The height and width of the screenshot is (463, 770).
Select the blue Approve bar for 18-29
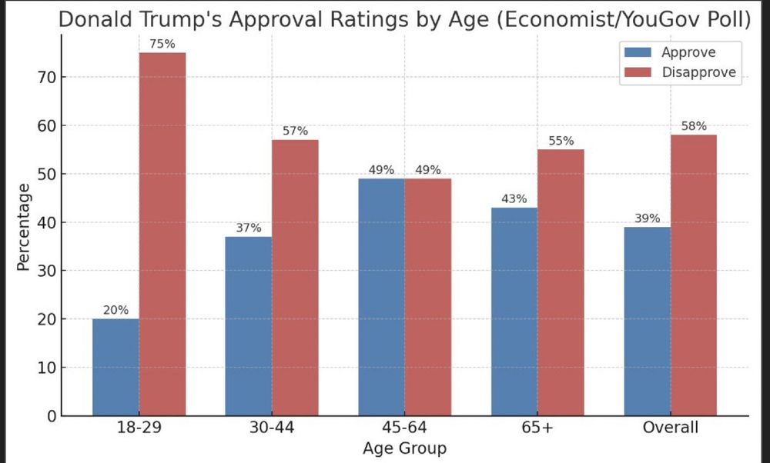tap(115, 367)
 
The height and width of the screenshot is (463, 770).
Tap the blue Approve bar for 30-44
tap(248, 326)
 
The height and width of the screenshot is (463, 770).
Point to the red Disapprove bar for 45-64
tap(427, 297)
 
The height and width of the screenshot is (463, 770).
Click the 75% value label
tap(162, 45)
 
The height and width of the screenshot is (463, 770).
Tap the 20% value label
tap(115, 311)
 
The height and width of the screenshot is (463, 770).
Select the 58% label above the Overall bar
tap(694, 127)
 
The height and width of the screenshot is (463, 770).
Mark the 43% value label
tap(514, 199)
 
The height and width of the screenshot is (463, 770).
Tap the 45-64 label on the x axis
tap(404, 428)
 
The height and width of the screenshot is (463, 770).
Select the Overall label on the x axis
tap(670, 428)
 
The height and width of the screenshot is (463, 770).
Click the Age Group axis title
tap(404, 448)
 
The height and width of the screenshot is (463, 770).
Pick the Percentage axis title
tap(23, 228)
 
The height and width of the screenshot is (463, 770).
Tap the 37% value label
tap(248, 228)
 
